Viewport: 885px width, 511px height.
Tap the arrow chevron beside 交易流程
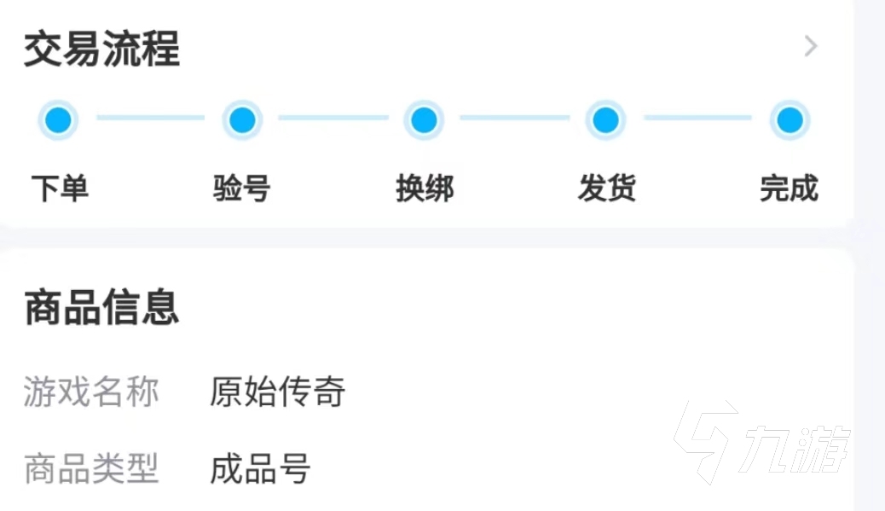[x=811, y=46]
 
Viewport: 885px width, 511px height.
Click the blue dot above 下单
[x=59, y=120]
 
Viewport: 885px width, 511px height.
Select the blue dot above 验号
[x=242, y=120]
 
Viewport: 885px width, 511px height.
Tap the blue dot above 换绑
[x=424, y=120]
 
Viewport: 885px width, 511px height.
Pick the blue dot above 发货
[x=605, y=120]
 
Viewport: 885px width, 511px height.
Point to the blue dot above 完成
[x=790, y=120]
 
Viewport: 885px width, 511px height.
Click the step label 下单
[x=60, y=188]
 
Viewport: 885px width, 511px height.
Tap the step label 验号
[x=242, y=188]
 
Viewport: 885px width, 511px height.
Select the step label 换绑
[x=425, y=188]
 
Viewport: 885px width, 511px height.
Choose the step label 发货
[x=607, y=188]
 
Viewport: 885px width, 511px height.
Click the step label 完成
[x=789, y=188]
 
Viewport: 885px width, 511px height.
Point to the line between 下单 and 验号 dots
[x=151, y=118]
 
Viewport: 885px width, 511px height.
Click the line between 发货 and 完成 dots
[x=697, y=118]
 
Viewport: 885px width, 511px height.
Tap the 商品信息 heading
[x=101, y=308]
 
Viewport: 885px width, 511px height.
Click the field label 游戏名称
[x=91, y=392]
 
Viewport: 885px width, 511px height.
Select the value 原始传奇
[x=278, y=392]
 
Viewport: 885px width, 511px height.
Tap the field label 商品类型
[x=91, y=468]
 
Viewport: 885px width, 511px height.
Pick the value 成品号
[x=261, y=468]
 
